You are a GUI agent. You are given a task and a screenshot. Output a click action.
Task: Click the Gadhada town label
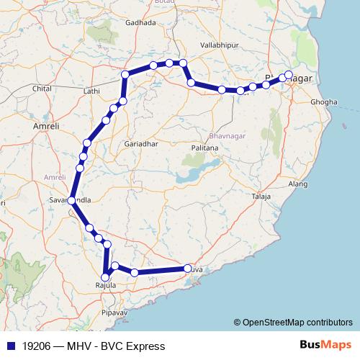[x=140, y=22]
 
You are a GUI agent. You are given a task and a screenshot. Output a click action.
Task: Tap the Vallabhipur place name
[x=219, y=45]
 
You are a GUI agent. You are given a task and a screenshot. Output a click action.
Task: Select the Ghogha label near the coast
[x=323, y=102]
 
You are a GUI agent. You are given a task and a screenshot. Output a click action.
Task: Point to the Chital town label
[x=43, y=89]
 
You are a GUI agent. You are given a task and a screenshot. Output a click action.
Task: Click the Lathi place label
[x=91, y=91]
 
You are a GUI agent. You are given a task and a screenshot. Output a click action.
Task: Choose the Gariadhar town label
[x=140, y=143]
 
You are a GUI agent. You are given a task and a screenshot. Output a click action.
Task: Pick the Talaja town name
[x=261, y=196]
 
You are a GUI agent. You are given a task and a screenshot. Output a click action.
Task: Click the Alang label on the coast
[x=298, y=185]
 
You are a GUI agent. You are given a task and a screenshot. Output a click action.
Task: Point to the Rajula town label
[x=106, y=287]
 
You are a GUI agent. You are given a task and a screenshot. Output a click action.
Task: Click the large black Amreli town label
[x=46, y=126]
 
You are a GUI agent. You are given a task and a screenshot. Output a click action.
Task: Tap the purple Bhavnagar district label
[x=225, y=135]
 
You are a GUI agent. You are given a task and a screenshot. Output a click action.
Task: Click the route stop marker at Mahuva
[x=188, y=269]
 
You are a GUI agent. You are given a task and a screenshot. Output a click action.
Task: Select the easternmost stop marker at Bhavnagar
[x=289, y=74]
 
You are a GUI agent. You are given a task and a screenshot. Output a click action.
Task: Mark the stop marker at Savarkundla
[x=71, y=201]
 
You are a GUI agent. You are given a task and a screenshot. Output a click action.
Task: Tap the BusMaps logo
[x=324, y=345]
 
